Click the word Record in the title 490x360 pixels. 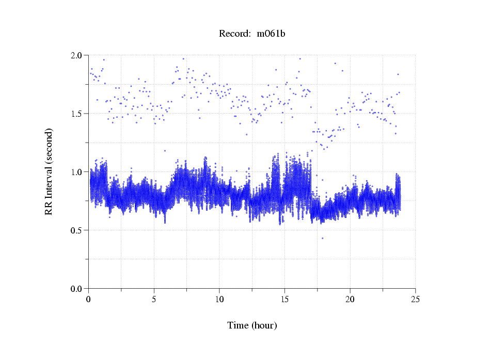(x=233, y=34)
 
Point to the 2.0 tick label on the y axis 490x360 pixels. (x=77, y=55)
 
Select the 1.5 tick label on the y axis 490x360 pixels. (x=77, y=113)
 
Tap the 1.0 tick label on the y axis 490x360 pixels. (x=77, y=171)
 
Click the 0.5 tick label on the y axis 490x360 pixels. (x=77, y=230)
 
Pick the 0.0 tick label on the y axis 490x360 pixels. (x=77, y=288)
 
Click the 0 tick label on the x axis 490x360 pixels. (x=89, y=299)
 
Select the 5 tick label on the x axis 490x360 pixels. (x=154, y=299)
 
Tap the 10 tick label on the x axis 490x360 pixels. (x=219, y=299)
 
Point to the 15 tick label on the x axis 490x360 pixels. (x=284, y=299)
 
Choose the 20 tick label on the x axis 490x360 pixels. (x=350, y=299)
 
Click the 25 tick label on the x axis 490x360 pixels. (x=415, y=299)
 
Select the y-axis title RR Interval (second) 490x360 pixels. (x=49, y=171)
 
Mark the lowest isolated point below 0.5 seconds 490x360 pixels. (x=323, y=238)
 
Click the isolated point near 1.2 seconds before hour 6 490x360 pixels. (x=165, y=151)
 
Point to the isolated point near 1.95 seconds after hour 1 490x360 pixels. (x=104, y=59)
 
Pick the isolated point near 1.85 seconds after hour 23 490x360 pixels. (x=398, y=74)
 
